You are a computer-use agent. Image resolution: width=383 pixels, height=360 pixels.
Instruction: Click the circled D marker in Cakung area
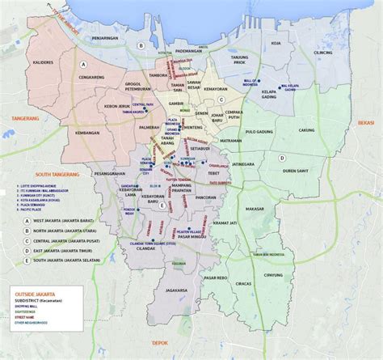282,158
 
